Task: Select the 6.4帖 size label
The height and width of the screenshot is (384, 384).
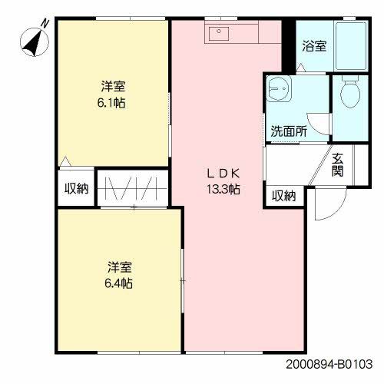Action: pyautogui.click(x=119, y=283)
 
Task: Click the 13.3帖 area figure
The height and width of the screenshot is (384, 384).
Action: pyautogui.click(x=223, y=189)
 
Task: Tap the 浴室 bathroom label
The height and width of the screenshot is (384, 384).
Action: pyautogui.click(x=313, y=46)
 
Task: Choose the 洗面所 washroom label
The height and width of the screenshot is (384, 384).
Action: pyautogui.click(x=288, y=131)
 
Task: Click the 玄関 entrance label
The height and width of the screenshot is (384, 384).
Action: pyautogui.click(x=337, y=165)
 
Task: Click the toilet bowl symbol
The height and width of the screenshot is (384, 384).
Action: pyautogui.click(x=350, y=95)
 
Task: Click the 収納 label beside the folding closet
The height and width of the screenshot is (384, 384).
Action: pyautogui.click(x=76, y=188)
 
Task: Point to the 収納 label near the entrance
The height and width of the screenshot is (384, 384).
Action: pyautogui.click(x=283, y=196)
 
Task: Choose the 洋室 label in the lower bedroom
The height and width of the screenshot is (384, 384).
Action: pyautogui.click(x=119, y=267)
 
